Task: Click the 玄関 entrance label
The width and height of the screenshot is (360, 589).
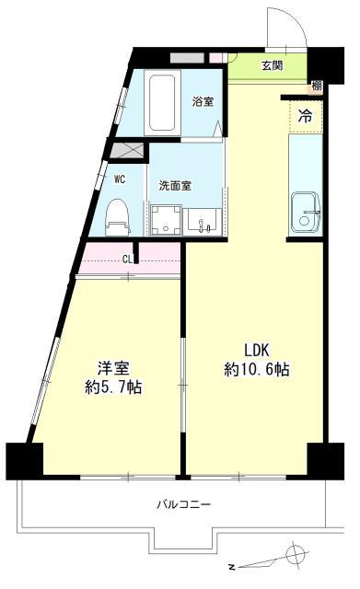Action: [272, 65]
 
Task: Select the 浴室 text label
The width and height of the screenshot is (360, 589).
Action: [203, 101]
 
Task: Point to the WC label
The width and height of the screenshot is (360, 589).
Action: [120, 179]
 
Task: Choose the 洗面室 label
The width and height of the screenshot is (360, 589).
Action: [175, 185]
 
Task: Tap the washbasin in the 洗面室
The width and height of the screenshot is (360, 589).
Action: [203, 221]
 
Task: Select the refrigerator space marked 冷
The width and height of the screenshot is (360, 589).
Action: [305, 116]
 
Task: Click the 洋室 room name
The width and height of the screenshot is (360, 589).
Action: [113, 365]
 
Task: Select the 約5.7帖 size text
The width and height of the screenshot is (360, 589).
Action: [113, 387]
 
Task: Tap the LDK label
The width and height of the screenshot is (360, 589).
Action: [257, 350]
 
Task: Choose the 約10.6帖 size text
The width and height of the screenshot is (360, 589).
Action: [257, 370]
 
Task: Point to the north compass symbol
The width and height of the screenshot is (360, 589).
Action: [295, 555]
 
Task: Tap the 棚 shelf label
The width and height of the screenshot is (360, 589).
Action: [316, 87]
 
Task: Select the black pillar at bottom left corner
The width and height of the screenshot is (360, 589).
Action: [25, 459]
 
